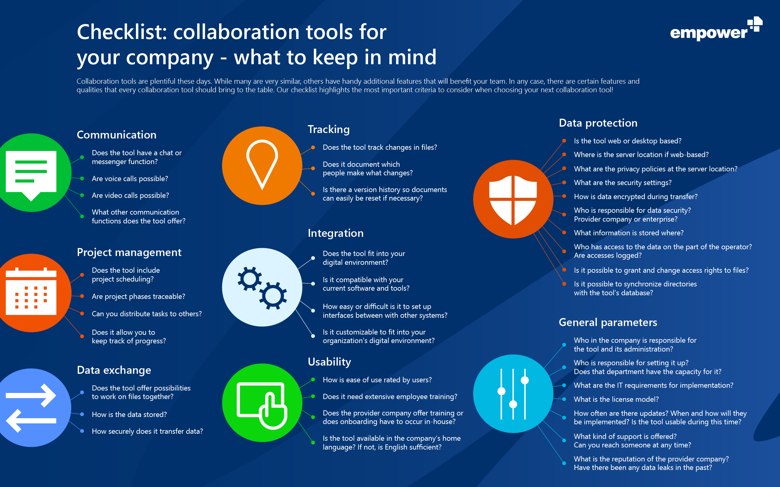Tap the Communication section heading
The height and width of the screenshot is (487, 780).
(116, 135)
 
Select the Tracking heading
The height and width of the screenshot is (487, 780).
(328, 129)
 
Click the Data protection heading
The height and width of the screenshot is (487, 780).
(598, 123)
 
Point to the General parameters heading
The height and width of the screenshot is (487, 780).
(608, 322)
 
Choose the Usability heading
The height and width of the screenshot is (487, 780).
(329, 362)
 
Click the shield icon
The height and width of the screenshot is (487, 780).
(513, 200)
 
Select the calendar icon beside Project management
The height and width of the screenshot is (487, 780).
(31, 291)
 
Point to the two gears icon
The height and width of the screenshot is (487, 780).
(262, 288)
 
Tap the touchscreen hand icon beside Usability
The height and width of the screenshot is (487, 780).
(262, 405)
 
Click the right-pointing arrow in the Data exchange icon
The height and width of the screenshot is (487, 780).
(31, 395)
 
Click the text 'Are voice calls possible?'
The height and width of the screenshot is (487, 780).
(130, 179)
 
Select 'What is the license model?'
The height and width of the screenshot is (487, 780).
(616, 399)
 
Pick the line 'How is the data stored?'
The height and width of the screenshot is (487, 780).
(129, 415)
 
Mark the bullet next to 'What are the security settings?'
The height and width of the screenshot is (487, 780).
(564, 183)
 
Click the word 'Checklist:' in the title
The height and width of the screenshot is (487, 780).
(122, 32)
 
